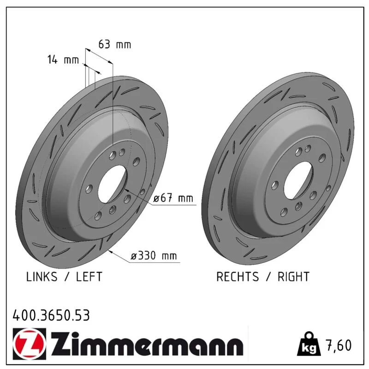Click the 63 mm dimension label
tap(114, 44)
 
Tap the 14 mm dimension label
tap(63, 60)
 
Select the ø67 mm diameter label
tap(173, 198)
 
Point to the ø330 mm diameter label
tap(154, 256)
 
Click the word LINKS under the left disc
tap(42, 276)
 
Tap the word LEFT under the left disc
tap(89, 276)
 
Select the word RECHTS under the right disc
tap(238, 276)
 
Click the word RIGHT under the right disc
tap(293, 276)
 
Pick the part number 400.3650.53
tap(51, 315)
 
